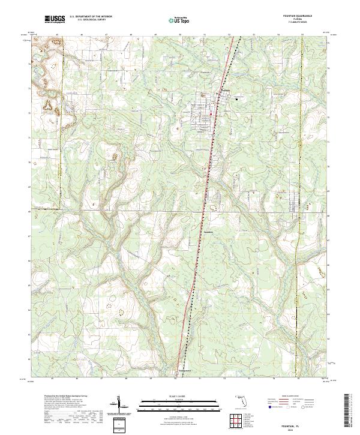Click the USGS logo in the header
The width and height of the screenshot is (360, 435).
tap(54, 20)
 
